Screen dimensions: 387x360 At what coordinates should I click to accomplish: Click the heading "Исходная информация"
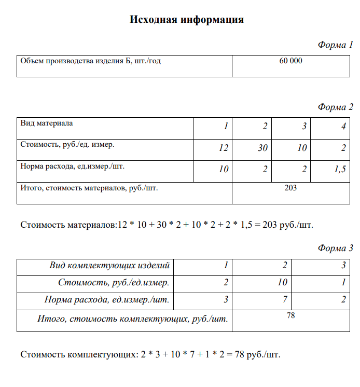pyautogui.click(x=186, y=20)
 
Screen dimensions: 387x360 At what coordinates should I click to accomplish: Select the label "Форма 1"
pyautogui.click(x=335, y=45)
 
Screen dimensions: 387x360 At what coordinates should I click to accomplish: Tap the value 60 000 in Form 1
pyautogui.click(x=290, y=61)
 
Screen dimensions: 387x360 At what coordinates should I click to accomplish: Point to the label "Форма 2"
pyautogui.click(x=335, y=107)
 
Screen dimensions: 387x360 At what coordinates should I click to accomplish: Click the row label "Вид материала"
pyautogui.click(x=47, y=123)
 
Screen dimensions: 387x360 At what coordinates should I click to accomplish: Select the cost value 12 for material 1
pyautogui.click(x=224, y=148)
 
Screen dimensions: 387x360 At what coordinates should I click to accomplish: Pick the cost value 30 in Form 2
pyautogui.click(x=262, y=148)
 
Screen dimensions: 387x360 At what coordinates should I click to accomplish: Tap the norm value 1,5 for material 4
pyautogui.click(x=340, y=169)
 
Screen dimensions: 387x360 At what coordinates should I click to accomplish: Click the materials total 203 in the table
pyautogui.click(x=290, y=188)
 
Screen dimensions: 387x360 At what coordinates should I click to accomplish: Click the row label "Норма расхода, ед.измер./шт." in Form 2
pyautogui.click(x=73, y=167)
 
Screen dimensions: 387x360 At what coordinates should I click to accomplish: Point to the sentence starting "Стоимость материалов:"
pyautogui.click(x=167, y=225)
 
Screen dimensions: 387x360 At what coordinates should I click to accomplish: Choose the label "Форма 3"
pyautogui.click(x=335, y=248)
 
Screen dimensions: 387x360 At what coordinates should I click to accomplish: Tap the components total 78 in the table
pyautogui.click(x=290, y=315)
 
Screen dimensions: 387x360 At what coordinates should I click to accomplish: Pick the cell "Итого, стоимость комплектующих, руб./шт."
pyautogui.click(x=133, y=319)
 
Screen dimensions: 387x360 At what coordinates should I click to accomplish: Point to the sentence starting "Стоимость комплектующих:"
pyautogui.click(x=150, y=355)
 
